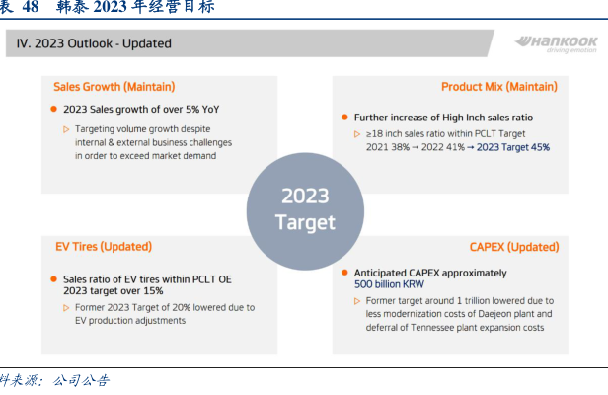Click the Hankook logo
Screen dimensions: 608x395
(556, 44)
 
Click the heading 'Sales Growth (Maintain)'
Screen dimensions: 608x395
(114, 87)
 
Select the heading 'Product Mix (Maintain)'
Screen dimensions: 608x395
(499, 87)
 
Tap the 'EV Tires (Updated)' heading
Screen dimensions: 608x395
(104, 247)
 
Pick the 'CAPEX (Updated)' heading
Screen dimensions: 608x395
(514, 247)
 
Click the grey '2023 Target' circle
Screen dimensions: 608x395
(305, 211)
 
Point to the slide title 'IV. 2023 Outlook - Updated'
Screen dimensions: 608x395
(94, 43)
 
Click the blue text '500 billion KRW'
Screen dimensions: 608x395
(389, 284)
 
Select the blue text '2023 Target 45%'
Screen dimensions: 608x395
(513, 147)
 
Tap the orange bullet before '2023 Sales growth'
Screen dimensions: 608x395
(54, 109)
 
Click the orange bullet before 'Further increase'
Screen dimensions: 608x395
(344, 118)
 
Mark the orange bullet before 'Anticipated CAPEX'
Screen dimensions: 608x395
(344, 273)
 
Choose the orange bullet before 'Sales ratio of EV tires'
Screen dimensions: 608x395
(54, 279)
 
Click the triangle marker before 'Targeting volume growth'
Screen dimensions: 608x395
(66, 129)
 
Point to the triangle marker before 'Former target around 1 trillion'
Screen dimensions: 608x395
(357, 301)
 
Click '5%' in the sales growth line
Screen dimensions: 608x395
(192, 110)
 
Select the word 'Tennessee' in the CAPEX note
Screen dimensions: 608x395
(432, 328)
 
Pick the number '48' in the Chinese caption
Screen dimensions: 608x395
(31, 7)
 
